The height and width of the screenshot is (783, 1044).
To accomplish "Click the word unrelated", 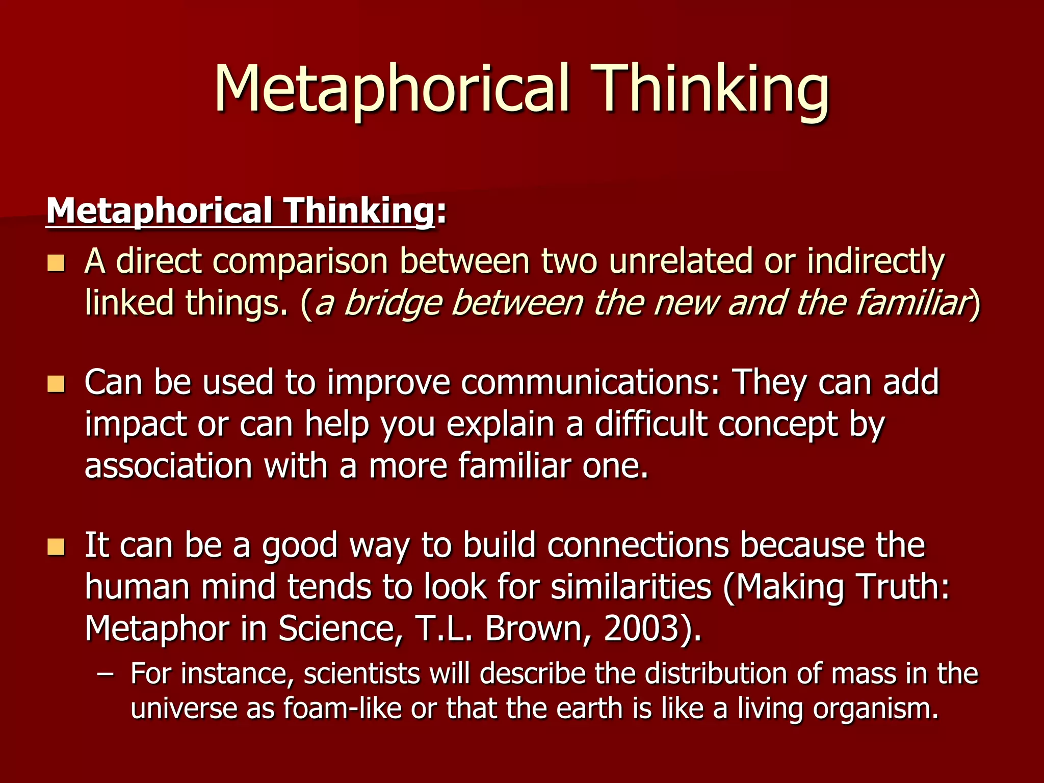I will coord(681,261).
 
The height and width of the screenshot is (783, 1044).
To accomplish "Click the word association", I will coord(168,466).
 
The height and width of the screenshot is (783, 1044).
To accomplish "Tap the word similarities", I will coord(631,587).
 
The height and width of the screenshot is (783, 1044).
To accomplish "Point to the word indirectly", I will coord(876,262).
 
